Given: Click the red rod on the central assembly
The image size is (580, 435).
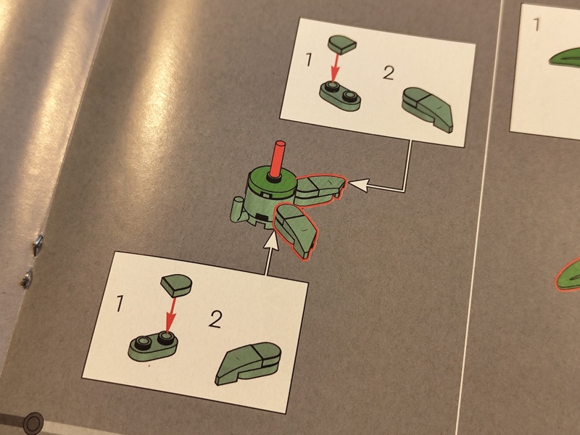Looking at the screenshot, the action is click(x=277, y=159).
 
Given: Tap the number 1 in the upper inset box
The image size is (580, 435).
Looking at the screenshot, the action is click(x=309, y=59).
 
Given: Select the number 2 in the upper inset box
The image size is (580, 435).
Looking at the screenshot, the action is click(x=389, y=73).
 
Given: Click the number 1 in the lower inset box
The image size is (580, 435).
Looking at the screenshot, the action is click(x=120, y=303).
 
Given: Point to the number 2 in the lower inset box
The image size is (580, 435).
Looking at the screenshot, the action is click(x=215, y=319).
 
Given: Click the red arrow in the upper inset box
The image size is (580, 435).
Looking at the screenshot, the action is click(x=335, y=67).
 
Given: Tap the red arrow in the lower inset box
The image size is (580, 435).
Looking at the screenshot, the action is click(x=170, y=315).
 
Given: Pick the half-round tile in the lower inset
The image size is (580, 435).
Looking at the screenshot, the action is click(x=176, y=285).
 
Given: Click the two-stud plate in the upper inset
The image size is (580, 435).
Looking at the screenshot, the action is click(x=339, y=96).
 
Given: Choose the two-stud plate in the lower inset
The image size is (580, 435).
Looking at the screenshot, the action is click(x=153, y=346).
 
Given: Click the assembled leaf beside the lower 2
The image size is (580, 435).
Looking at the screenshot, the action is click(x=248, y=363).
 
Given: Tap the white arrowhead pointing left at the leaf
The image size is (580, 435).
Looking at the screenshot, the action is click(x=358, y=184).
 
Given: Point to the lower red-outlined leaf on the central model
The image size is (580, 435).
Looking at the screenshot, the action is click(x=295, y=230).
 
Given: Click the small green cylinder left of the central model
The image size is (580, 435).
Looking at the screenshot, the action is click(x=237, y=210).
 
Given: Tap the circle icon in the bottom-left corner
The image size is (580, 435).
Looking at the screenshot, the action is click(x=33, y=422).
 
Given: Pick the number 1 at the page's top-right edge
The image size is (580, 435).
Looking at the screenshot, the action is click(x=536, y=25).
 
